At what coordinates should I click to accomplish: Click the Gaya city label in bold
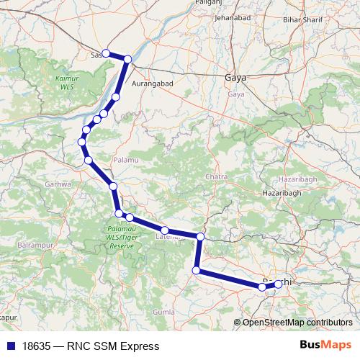point(235,77)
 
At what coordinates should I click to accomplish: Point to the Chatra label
point(216,177)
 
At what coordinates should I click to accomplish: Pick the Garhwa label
point(58,184)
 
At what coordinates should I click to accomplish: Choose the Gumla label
point(164,312)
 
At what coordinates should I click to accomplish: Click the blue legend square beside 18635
point(10,346)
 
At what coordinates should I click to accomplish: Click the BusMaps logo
point(326,346)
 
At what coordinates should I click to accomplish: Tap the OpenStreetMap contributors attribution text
point(297,323)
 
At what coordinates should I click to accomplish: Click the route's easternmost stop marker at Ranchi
point(278,284)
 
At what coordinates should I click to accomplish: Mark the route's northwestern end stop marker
point(105,53)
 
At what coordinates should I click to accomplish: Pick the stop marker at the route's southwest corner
point(196,270)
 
